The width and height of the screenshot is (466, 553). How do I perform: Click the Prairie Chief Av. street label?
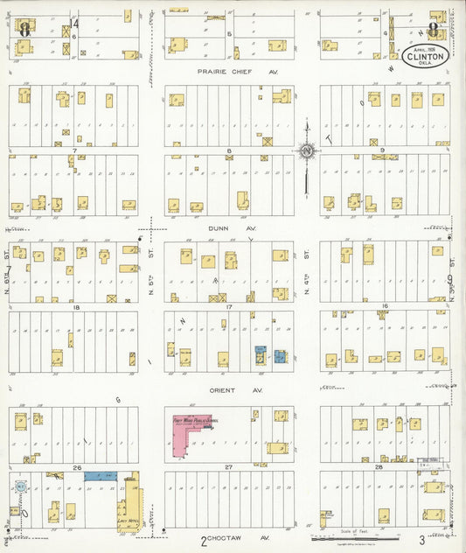click(228, 73)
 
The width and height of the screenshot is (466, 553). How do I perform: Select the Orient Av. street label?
click(229, 390)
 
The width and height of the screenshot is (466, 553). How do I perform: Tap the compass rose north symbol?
click(307, 152)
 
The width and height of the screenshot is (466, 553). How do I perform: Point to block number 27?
click(228, 468)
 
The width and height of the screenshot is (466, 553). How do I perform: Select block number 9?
click(383, 150)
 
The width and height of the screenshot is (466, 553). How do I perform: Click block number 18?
click(76, 307)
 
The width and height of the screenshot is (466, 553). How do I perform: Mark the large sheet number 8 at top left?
click(24, 27)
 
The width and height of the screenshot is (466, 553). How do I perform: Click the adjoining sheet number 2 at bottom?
click(203, 539)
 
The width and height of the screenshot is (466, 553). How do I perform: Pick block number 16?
click(383, 307)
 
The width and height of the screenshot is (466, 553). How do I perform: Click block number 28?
click(378, 468)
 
